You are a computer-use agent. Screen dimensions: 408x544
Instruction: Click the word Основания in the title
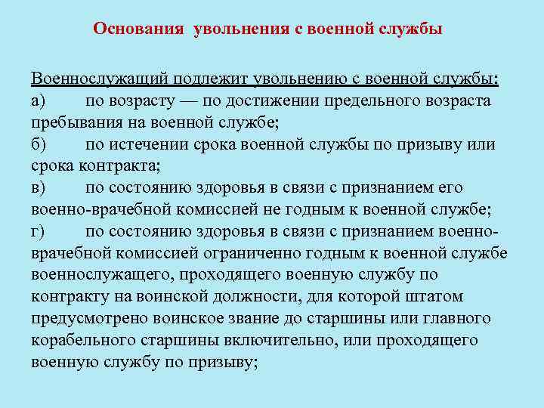coord(138,29)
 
